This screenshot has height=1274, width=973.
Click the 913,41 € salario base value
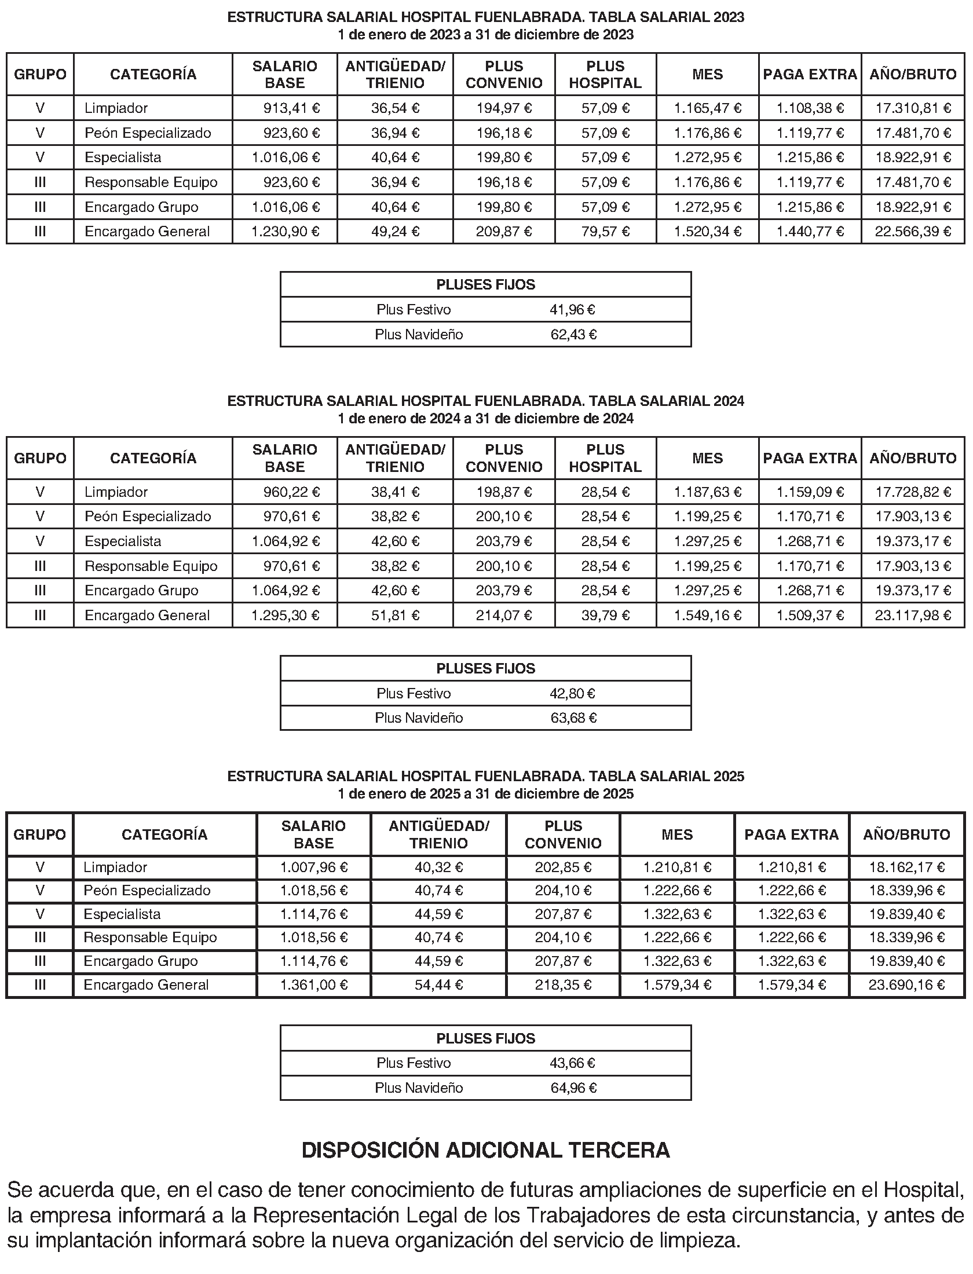point(291,108)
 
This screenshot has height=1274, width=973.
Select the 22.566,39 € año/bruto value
point(913,232)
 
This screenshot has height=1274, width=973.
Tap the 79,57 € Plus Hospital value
point(605,232)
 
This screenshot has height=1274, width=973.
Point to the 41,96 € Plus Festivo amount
point(572,310)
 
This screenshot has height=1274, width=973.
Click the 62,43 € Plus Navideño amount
point(573,335)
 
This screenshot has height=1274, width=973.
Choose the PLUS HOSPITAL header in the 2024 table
point(605,458)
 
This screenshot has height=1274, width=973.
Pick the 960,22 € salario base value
point(291,492)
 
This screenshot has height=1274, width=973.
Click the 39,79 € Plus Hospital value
point(605,615)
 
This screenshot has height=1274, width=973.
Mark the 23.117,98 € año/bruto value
point(913,615)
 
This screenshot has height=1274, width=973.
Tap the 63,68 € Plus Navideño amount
point(573,718)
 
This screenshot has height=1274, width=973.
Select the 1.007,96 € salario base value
point(314,867)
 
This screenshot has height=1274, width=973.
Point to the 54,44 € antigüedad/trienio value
point(438,985)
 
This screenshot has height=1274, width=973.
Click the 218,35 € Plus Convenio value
point(563,985)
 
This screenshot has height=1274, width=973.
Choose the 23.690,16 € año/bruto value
point(906,985)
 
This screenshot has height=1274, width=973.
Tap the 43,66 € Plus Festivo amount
point(572,1063)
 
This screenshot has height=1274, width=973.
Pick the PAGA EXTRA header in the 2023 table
point(810,75)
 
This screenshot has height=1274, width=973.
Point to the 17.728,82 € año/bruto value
point(913,492)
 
